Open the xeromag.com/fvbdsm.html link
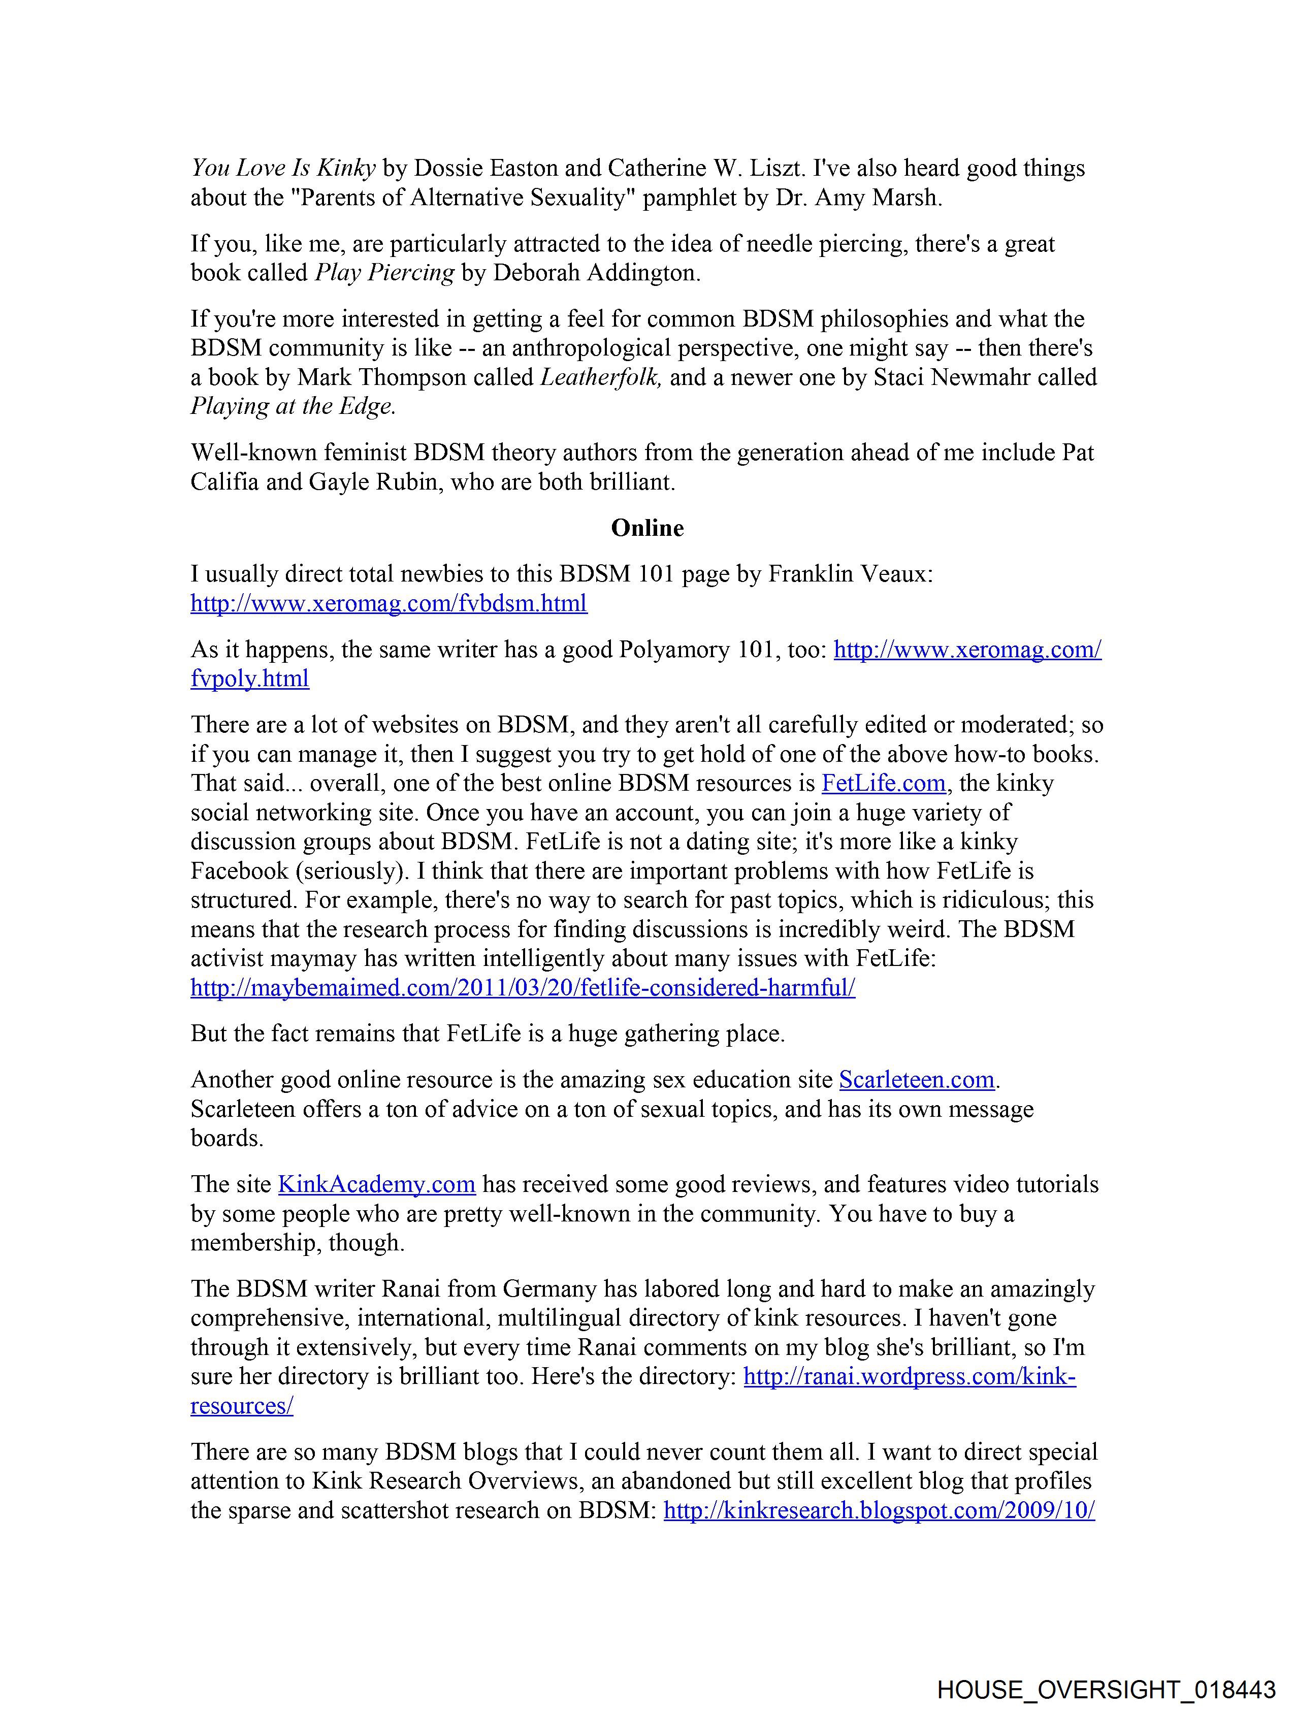[388, 603]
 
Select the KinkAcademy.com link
[376, 1184]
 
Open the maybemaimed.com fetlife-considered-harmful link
[523, 988]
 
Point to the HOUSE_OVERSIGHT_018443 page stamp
[1106, 1689]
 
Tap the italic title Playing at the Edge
[293, 407]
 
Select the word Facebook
[239, 871]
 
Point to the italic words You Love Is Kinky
[283, 169]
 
